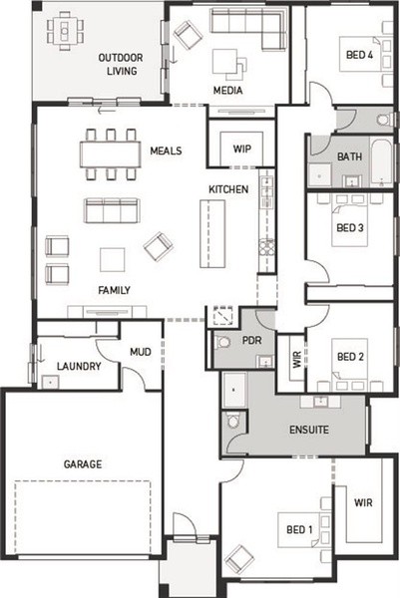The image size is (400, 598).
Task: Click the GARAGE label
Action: (83, 464)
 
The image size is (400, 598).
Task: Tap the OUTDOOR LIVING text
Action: (121, 64)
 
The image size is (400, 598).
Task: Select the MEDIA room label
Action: (227, 91)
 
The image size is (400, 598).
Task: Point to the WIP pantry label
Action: (242, 149)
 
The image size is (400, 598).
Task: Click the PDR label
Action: (252, 340)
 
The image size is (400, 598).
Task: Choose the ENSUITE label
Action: (309, 430)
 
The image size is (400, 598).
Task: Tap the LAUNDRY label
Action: (79, 366)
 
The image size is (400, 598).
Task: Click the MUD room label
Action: (141, 352)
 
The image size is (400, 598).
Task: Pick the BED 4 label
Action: (359, 55)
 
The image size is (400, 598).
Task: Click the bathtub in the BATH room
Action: (381, 163)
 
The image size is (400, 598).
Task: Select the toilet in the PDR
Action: (222, 342)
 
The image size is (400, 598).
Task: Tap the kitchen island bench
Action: (212, 234)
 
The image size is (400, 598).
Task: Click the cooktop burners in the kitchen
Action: (266, 247)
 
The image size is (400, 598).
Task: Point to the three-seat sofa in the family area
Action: (112, 210)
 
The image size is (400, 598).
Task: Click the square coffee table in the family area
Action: (112, 260)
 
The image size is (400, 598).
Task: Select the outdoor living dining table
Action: (65, 31)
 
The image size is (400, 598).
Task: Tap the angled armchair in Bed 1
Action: (239, 559)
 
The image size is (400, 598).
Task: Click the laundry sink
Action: (50, 382)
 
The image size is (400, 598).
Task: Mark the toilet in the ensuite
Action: (231, 421)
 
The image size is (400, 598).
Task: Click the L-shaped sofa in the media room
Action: (248, 28)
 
